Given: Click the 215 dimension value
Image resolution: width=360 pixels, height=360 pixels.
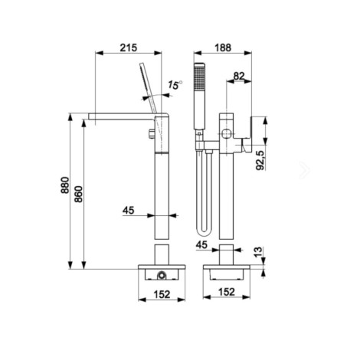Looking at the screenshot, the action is pyautogui.click(x=129, y=47).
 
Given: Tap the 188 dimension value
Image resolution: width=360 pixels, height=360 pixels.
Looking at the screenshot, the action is pyautogui.click(x=223, y=47).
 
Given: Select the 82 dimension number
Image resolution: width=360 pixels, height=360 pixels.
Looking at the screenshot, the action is pyautogui.click(x=239, y=76).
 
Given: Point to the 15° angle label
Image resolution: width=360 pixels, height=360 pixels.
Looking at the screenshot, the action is pyautogui.click(x=175, y=85).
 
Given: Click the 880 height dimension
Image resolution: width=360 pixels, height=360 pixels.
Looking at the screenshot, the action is pyautogui.click(x=65, y=185).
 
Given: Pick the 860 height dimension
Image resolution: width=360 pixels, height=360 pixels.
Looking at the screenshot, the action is pyautogui.click(x=78, y=194).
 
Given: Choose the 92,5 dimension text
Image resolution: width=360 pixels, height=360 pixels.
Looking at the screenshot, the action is pyautogui.click(x=260, y=160).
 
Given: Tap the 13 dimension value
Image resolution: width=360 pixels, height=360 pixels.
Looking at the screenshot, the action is pyautogui.click(x=258, y=252).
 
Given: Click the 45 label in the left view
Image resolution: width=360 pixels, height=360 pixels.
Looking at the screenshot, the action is pyautogui.click(x=128, y=210).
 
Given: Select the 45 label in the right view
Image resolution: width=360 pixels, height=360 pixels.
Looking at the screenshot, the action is pyautogui.click(x=201, y=245).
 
